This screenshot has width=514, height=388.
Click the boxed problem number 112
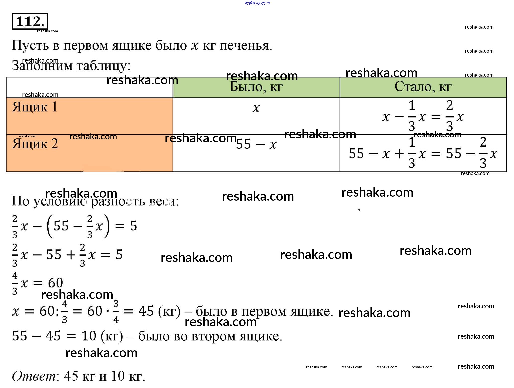(30, 21)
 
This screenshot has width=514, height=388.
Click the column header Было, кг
(256, 87)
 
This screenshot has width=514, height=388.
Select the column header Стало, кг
(423, 87)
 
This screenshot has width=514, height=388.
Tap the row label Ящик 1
(35, 107)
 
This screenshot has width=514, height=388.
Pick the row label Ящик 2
(35, 144)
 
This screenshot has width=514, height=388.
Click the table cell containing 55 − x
(256, 144)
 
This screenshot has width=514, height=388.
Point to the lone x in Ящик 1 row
(256, 108)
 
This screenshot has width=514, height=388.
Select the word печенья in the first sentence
(245, 46)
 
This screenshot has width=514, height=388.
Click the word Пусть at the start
(30, 46)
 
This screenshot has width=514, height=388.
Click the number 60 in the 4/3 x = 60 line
(55, 283)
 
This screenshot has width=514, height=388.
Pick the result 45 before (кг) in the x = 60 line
(146, 311)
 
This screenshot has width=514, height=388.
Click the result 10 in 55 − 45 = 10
(89, 336)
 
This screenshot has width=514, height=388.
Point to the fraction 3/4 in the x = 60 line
(116, 312)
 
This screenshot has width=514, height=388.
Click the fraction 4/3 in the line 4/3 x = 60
(15, 283)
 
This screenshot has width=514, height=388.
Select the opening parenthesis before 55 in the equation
(50, 226)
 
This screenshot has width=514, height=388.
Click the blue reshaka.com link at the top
(257, 3)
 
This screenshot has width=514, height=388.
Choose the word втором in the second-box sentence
(214, 336)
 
